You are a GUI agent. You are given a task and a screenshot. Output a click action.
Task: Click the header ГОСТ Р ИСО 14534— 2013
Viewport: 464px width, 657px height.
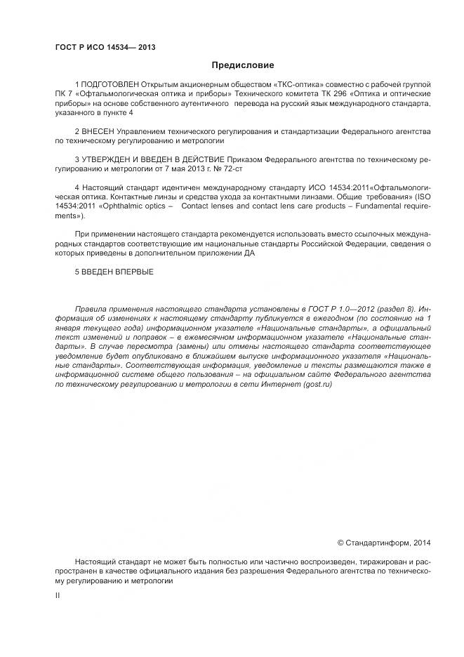(105, 48)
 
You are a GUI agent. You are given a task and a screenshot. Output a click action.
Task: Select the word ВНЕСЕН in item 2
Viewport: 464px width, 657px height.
(98, 131)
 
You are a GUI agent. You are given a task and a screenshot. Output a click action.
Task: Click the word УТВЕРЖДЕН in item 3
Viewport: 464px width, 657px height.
(105, 160)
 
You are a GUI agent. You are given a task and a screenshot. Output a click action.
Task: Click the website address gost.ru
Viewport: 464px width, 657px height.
(317, 385)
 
